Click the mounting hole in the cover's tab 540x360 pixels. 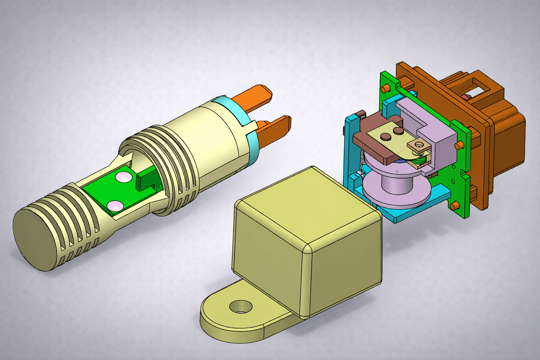241,307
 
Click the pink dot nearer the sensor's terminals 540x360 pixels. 123,177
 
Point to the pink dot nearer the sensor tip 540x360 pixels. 115,205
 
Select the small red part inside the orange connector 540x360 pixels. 468,97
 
